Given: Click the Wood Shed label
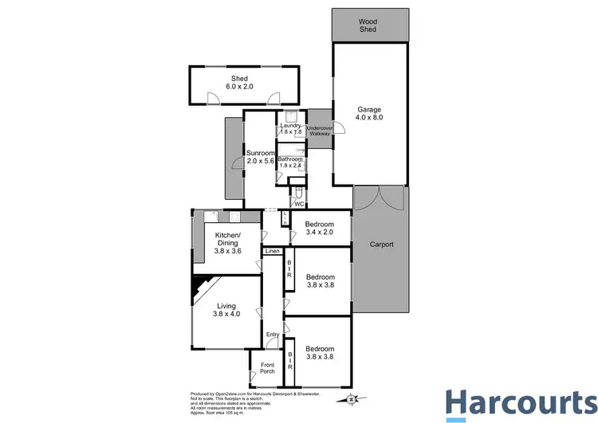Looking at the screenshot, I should [368, 26].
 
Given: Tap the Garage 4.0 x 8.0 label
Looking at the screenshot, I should [369, 113].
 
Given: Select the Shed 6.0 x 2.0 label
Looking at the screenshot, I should [240, 82].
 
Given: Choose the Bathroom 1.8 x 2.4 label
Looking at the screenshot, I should [290, 163].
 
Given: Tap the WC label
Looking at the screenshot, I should [298, 205].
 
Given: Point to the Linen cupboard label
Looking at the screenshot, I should [272, 252].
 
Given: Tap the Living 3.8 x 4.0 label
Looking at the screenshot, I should [226, 308].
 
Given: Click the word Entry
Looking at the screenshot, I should [273, 335].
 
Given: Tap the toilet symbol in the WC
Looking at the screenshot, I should [297, 194].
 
